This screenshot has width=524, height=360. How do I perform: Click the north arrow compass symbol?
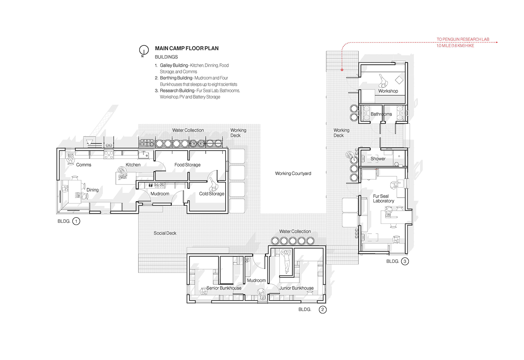pyautogui.click(x=144, y=50)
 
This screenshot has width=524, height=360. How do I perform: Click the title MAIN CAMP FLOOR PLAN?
pyautogui.click(x=187, y=48)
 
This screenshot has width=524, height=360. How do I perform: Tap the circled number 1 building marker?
pyautogui.click(x=76, y=221)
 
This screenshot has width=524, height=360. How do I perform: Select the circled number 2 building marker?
pyautogui.click(x=322, y=309)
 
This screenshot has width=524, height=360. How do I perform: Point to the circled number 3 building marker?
pyautogui.click(x=405, y=261)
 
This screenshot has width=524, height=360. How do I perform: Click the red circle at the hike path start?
pyautogui.click(x=342, y=70)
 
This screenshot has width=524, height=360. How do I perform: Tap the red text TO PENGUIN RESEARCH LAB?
pyautogui.click(x=463, y=39)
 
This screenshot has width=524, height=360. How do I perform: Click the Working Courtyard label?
pyautogui.click(x=293, y=174)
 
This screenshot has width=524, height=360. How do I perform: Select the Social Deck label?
pyautogui.click(x=165, y=233)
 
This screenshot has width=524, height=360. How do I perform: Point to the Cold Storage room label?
pyautogui.click(x=211, y=193)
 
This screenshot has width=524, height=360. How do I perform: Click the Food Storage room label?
pyautogui.click(x=187, y=165)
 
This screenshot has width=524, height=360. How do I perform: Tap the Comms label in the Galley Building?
pyautogui.click(x=83, y=165)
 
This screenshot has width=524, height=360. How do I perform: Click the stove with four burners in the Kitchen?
pyautogui.click(x=109, y=154)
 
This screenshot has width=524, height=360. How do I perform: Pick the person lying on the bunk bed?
pyautogui.click(x=286, y=261)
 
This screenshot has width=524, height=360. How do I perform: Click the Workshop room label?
pyautogui.click(x=388, y=91)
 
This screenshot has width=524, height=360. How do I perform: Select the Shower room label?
pyautogui.click(x=378, y=159)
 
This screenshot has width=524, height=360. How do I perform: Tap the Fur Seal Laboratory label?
pyautogui.click(x=383, y=198)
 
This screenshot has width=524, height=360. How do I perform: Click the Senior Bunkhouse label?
pyautogui.click(x=224, y=288)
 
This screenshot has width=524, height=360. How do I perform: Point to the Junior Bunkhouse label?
pyautogui.click(x=297, y=288)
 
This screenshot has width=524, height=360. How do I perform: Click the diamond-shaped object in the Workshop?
pyautogui.click(x=399, y=80)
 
